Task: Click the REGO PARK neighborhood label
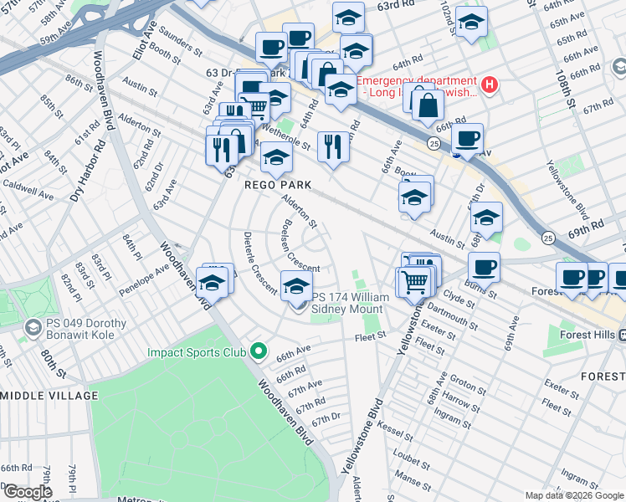278,184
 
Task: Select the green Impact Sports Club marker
259,352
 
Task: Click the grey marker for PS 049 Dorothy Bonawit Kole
33,325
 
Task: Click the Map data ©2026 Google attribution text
574,495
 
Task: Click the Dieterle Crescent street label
259,263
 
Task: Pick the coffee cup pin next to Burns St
484,267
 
